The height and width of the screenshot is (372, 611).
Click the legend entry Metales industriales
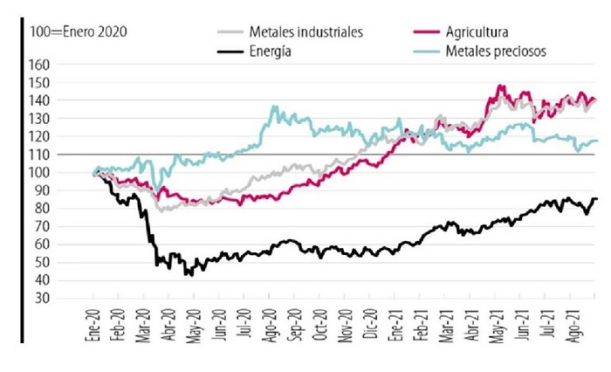[x=305, y=32]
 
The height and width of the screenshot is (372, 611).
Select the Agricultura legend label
[x=478, y=32]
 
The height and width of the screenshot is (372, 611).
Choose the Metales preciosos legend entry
[x=496, y=52]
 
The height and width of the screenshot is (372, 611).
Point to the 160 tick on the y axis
[x=65, y=65]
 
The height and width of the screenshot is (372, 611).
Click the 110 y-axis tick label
[x=65, y=155]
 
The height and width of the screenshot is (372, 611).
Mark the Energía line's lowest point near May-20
[x=187, y=275]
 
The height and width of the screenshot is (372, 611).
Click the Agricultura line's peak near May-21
[x=500, y=86]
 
